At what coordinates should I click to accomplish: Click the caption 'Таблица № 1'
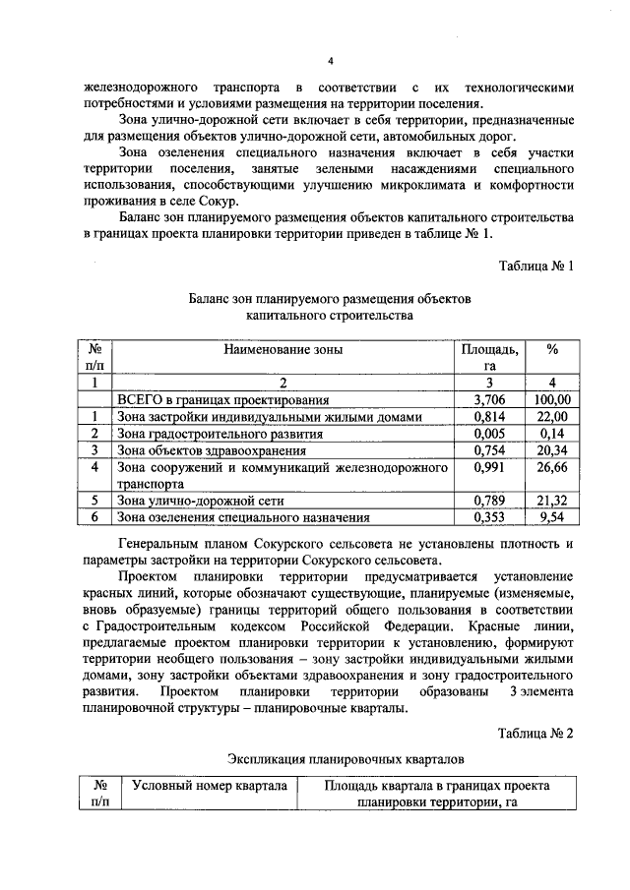point(536,267)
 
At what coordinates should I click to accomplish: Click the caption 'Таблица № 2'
point(535,734)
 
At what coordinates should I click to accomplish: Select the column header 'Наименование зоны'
point(284,348)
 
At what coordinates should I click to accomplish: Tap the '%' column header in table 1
point(552,348)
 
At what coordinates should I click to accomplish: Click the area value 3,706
point(489,400)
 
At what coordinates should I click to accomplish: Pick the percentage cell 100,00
point(552,400)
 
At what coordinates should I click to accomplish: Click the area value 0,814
point(489,417)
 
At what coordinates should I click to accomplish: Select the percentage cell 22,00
point(552,417)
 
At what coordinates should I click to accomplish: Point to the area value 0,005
point(489,434)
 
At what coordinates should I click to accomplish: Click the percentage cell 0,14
point(552,434)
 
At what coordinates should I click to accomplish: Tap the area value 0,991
point(489,468)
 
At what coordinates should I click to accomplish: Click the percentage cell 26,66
point(552,468)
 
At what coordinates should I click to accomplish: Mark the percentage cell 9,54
point(552,517)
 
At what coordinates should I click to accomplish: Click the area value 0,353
point(489,517)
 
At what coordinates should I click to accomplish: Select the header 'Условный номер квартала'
point(209,786)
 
